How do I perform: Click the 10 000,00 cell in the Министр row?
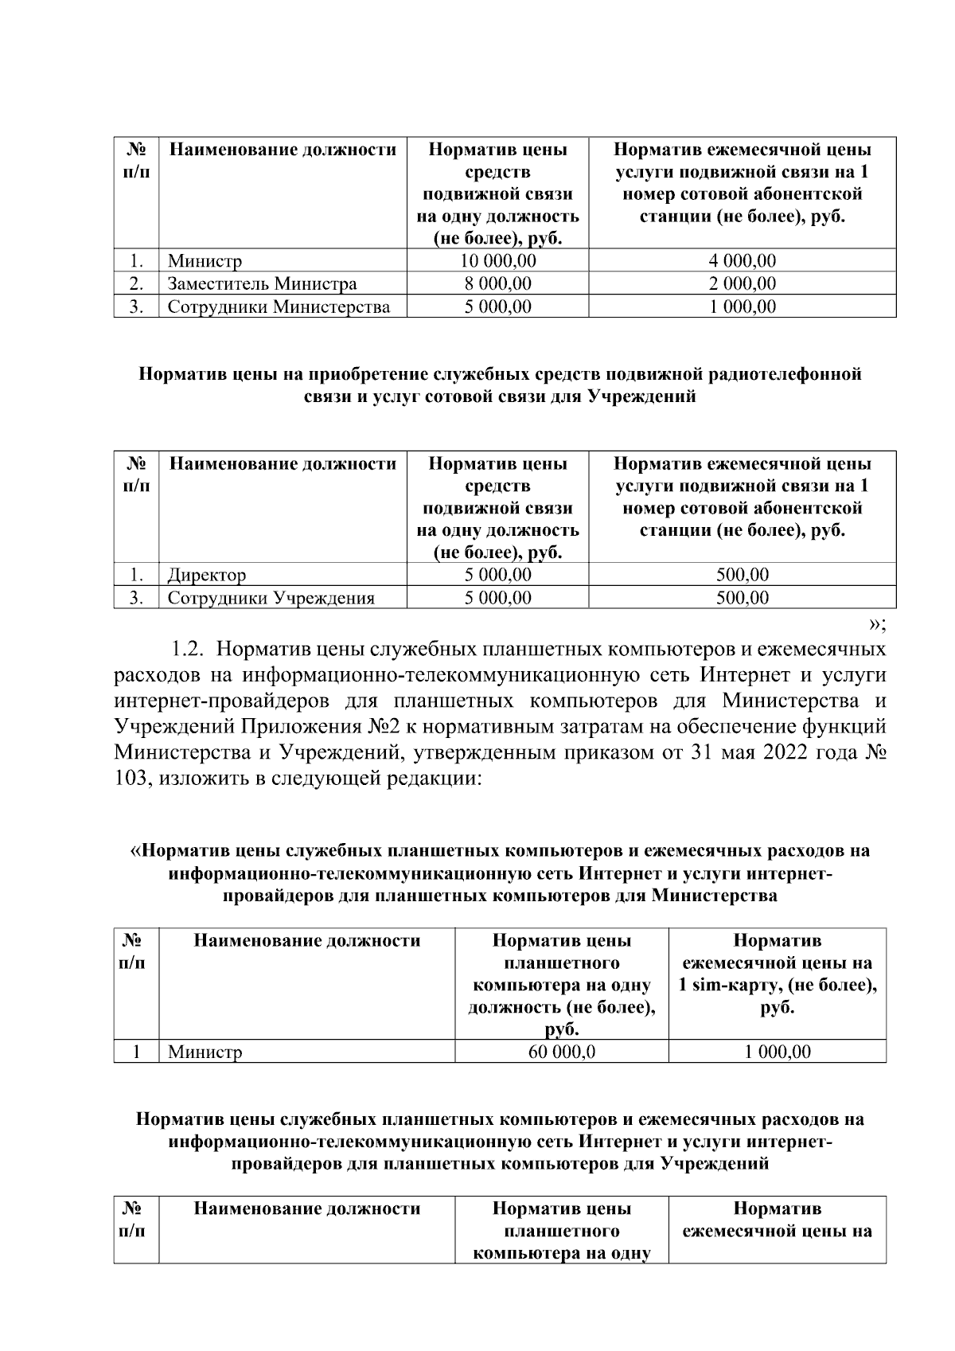[497, 261]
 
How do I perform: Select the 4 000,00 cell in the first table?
[742, 261]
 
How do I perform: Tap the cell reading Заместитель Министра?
[262, 284]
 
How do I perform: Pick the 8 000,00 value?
[497, 284]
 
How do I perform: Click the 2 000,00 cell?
[742, 284]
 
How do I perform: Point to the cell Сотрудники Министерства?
[279, 307]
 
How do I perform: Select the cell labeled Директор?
[207, 575]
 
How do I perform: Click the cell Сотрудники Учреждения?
[271, 598]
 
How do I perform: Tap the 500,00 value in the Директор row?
[742, 575]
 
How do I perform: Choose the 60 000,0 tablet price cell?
[562, 1052]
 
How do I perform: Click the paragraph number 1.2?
[185, 650]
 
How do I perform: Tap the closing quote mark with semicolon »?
[877, 623]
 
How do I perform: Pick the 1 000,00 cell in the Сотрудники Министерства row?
[742, 307]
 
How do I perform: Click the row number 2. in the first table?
[136, 284]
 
